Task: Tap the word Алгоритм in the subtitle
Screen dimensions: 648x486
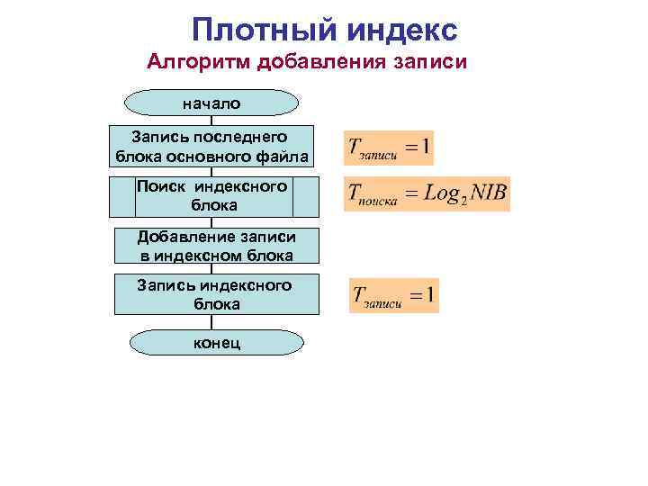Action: tap(199, 62)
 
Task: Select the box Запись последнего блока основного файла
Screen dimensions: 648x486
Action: tap(212, 147)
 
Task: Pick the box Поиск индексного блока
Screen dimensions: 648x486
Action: tap(214, 196)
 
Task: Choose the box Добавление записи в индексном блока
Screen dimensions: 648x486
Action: tap(217, 246)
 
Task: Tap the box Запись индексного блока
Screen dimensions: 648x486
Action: tap(215, 294)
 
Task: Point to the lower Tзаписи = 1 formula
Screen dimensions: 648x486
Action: tap(394, 295)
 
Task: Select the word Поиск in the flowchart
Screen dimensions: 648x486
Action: tap(162, 186)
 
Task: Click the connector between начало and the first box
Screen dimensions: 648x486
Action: tap(212, 120)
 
